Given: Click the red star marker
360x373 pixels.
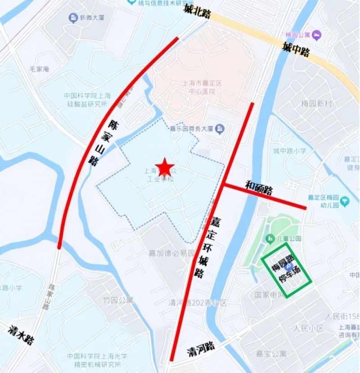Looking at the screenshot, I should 165,167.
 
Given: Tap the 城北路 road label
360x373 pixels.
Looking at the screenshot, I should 197,11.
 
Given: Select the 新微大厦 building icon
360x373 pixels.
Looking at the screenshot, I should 73,18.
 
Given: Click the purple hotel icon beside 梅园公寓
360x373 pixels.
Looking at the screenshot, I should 318,34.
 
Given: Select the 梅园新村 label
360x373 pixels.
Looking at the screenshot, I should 316,104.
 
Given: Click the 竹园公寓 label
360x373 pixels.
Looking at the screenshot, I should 118,300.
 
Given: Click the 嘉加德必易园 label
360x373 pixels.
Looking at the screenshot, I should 172,253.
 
